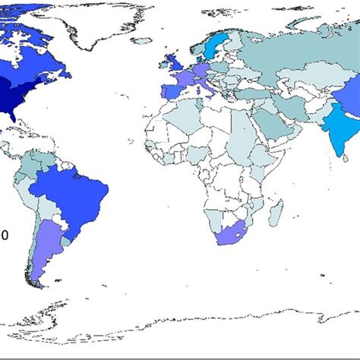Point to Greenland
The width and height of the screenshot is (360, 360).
pos(114,23)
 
